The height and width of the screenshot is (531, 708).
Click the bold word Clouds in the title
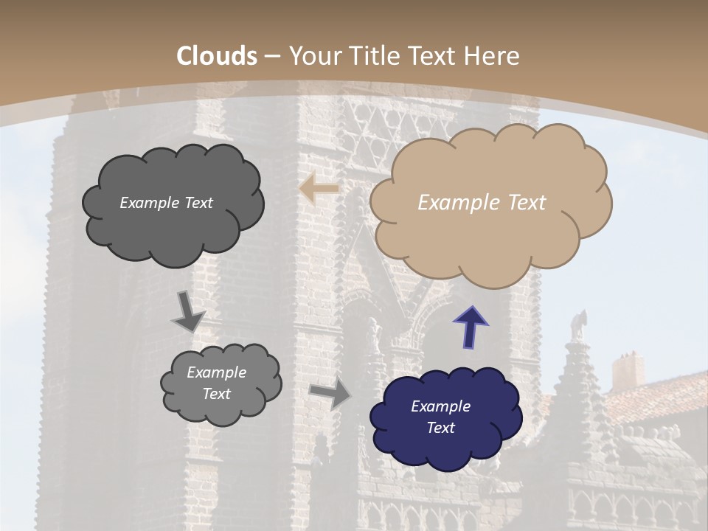217,56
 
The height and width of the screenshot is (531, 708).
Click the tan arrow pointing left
319,189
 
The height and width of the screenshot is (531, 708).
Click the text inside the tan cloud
482,203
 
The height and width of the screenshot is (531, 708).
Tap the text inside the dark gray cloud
166,203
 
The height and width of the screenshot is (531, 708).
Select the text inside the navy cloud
440,417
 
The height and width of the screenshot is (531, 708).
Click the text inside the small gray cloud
216,383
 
